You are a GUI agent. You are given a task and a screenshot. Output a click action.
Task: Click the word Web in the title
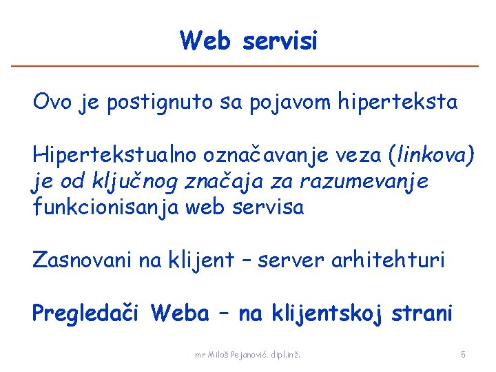[205, 41]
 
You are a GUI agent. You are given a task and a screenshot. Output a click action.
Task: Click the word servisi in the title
[280, 41]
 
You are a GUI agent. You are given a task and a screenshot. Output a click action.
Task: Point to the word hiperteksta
[397, 103]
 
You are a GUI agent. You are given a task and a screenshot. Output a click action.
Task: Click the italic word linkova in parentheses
[431, 156]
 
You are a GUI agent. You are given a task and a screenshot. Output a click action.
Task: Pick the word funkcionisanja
[101, 207]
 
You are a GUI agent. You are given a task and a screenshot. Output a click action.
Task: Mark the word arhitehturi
[389, 260]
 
